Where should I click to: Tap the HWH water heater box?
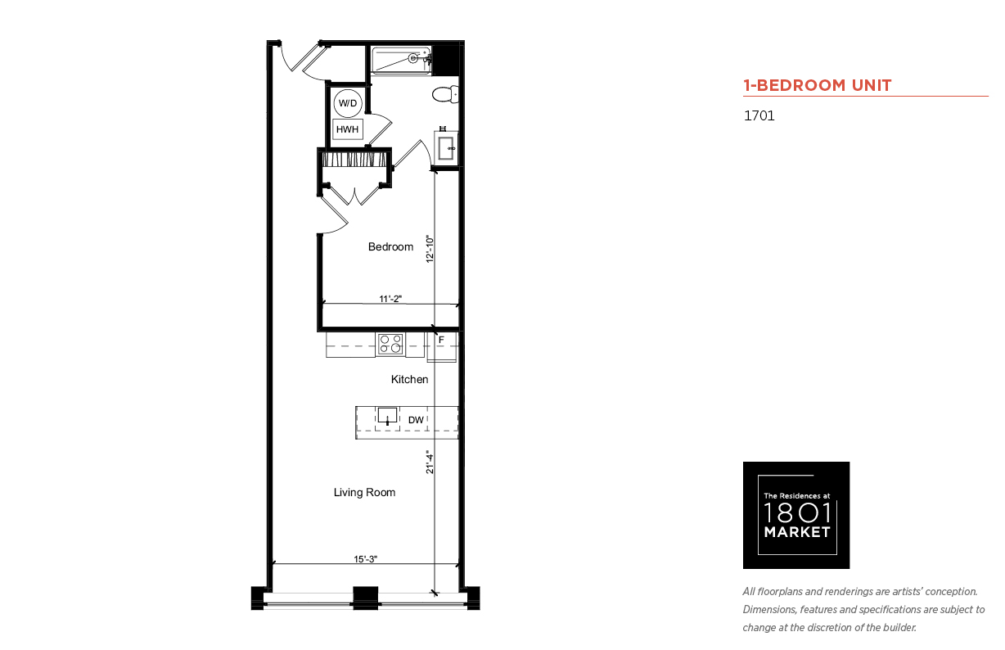tap(347, 129)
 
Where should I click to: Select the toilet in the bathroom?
tap(445, 95)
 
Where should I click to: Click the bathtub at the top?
tap(401, 60)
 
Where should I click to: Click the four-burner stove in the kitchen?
tap(390, 345)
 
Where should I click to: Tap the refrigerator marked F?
tap(442, 346)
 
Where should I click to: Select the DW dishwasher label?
tap(416, 420)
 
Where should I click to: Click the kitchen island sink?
tap(387, 416)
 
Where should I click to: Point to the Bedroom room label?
tap(390, 247)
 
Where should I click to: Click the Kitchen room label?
tap(410, 380)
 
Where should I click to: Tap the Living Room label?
tap(364, 493)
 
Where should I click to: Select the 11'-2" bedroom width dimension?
tap(390, 299)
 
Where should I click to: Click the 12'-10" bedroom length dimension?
tap(430, 249)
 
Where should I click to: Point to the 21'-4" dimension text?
tap(430, 463)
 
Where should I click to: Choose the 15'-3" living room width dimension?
tap(366, 559)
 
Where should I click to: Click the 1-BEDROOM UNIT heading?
tap(818, 85)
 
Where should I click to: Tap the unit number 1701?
tap(759, 115)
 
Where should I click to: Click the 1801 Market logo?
tap(796, 515)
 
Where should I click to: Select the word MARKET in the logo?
tap(797, 532)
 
